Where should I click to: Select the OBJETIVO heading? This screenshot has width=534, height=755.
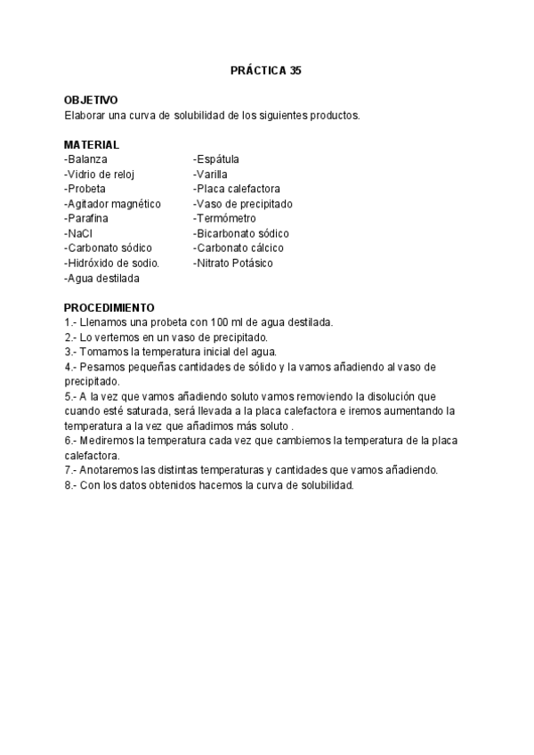pyautogui.click(x=91, y=101)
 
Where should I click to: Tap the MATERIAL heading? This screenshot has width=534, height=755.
pyautogui.click(x=92, y=145)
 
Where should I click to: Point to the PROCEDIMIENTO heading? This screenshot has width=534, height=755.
pyautogui.click(x=109, y=308)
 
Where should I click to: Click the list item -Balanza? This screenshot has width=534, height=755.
pyautogui.click(x=86, y=159)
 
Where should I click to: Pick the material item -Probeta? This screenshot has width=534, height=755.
pyautogui.click(x=85, y=189)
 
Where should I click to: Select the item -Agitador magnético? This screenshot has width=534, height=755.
pyautogui.click(x=113, y=204)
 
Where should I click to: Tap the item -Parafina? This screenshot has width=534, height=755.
pyautogui.click(x=86, y=219)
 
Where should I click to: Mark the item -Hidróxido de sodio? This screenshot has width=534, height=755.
pyautogui.click(x=111, y=264)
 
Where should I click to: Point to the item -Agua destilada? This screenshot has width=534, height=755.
pyautogui.click(x=102, y=279)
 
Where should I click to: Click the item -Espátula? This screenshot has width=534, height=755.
pyautogui.click(x=216, y=159)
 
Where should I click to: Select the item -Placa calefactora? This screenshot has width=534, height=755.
pyautogui.click(x=237, y=189)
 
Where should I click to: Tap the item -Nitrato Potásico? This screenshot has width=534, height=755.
pyautogui.click(x=233, y=264)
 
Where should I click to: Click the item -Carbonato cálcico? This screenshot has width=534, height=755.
pyautogui.click(x=238, y=248)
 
